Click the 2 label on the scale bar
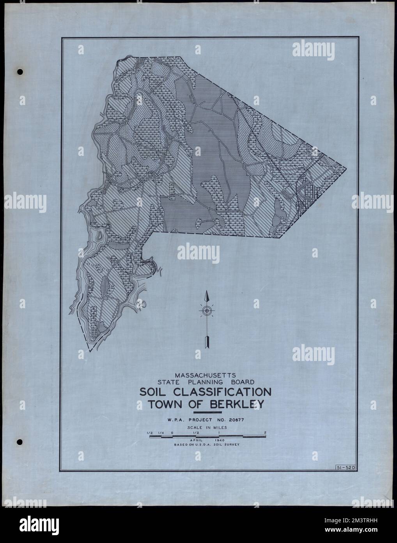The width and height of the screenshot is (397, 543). pos(265,432)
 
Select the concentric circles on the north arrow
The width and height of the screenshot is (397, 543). pos(207,311)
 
